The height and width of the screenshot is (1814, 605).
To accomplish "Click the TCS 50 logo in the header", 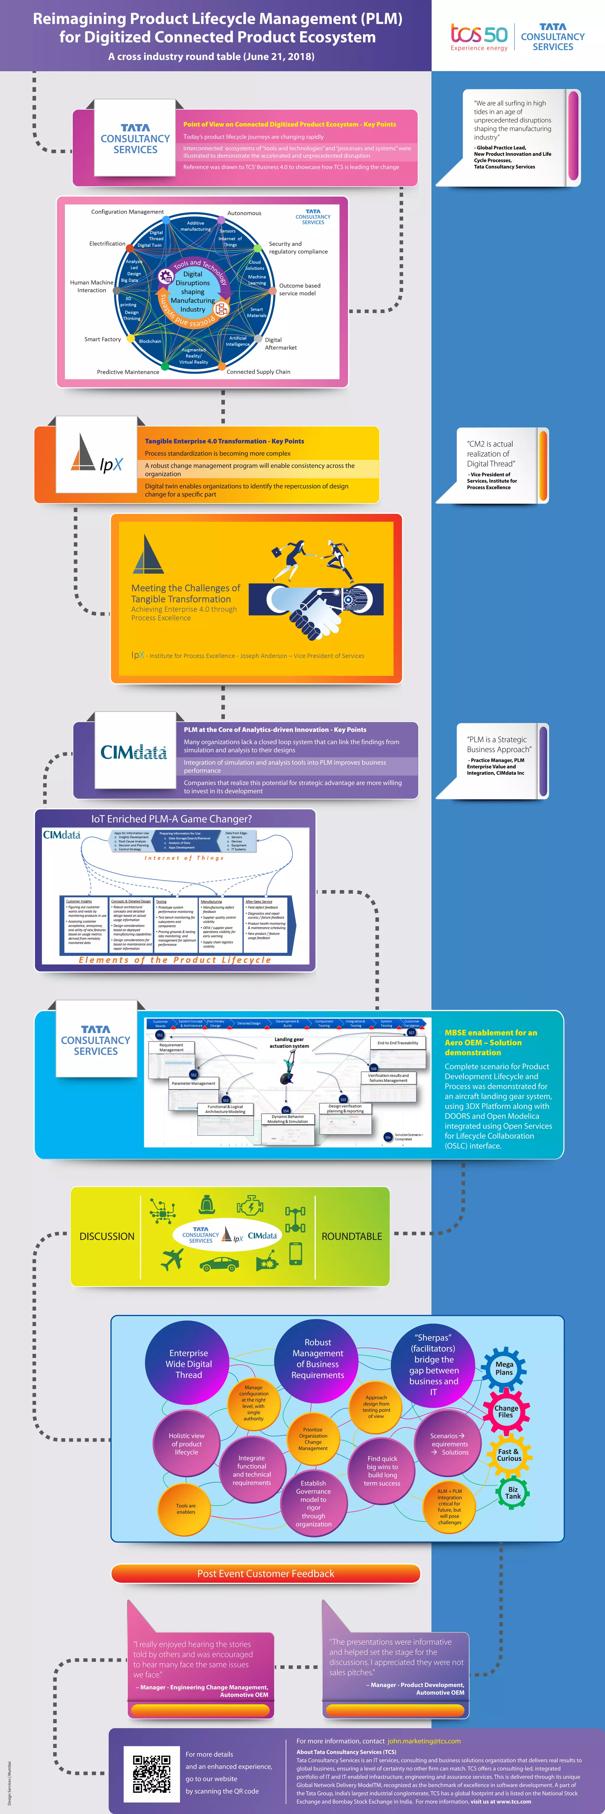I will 479,35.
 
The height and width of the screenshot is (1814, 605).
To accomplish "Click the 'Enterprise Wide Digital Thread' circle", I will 189,1363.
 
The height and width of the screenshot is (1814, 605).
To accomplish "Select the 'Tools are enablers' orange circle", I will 186,1508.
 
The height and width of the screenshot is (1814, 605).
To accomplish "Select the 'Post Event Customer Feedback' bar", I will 266,1573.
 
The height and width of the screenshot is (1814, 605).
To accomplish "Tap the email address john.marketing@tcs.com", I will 424,1741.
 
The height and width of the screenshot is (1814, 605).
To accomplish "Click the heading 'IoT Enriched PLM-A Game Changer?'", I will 171,819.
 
